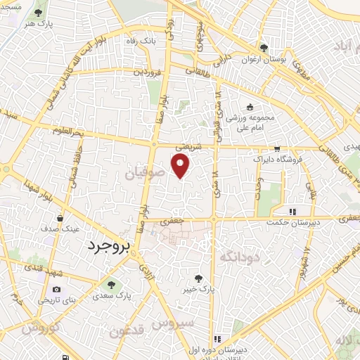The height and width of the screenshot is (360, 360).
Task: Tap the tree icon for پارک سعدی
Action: [110, 283]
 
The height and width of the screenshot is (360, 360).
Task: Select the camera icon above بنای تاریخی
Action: [57, 289]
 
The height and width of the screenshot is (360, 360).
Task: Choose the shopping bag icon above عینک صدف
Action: [60, 218]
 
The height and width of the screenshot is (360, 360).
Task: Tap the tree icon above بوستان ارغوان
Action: [263, 48]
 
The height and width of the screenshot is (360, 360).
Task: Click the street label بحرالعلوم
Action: [67, 131]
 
